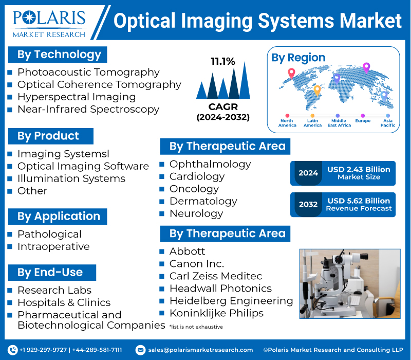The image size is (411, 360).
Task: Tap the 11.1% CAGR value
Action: (x=223, y=62)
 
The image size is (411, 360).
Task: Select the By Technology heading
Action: (x=59, y=55)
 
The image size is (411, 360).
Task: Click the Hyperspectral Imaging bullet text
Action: (x=77, y=97)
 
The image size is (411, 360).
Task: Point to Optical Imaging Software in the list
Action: (x=83, y=166)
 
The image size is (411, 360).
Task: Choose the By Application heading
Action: (x=58, y=217)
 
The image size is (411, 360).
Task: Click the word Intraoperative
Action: (x=53, y=246)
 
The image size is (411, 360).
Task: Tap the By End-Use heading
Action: (x=50, y=272)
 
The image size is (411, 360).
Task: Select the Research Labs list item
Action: (x=54, y=290)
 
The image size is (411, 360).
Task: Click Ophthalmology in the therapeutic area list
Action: (x=210, y=164)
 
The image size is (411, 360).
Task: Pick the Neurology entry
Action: (x=196, y=213)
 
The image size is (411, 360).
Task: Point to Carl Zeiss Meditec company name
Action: (x=216, y=276)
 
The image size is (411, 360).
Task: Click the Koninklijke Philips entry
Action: (x=216, y=313)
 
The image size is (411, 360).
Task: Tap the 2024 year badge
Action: (x=308, y=173)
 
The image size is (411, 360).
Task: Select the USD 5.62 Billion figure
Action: (x=359, y=201)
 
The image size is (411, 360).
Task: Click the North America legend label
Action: (x=287, y=123)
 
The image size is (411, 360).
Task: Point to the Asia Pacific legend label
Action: (x=388, y=123)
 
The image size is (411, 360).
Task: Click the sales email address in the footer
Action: (x=200, y=350)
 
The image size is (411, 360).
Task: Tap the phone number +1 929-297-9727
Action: (x=43, y=350)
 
